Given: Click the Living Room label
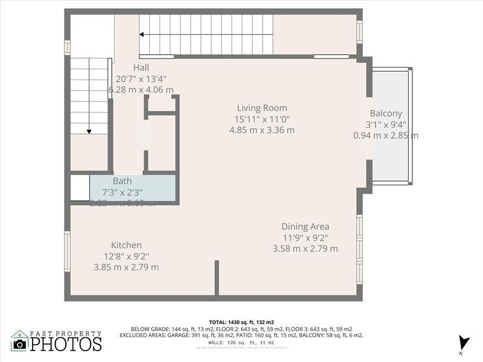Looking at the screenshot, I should [261, 108].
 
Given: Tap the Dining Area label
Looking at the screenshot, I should [305, 227].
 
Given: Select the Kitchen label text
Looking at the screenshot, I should [126, 245].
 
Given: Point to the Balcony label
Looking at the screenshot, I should [386, 113].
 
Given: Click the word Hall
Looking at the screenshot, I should [141, 68].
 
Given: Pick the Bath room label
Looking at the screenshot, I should [122, 181].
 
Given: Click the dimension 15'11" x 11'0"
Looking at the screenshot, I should [263, 119].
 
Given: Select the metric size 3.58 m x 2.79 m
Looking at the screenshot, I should [305, 249].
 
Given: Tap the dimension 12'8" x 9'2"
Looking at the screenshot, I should [126, 256].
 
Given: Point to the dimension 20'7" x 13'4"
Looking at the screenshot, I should [141, 78].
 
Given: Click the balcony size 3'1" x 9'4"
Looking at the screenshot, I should [386, 124].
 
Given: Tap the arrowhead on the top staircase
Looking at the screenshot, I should [143, 35].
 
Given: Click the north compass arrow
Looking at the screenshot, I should [463, 342].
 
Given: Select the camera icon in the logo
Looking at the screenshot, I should [20, 344].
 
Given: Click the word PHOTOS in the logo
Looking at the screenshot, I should [66, 344].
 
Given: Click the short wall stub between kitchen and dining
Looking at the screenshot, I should [216, 278].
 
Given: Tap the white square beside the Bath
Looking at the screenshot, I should [80, 188].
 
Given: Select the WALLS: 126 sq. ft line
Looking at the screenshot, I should [241, 342].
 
